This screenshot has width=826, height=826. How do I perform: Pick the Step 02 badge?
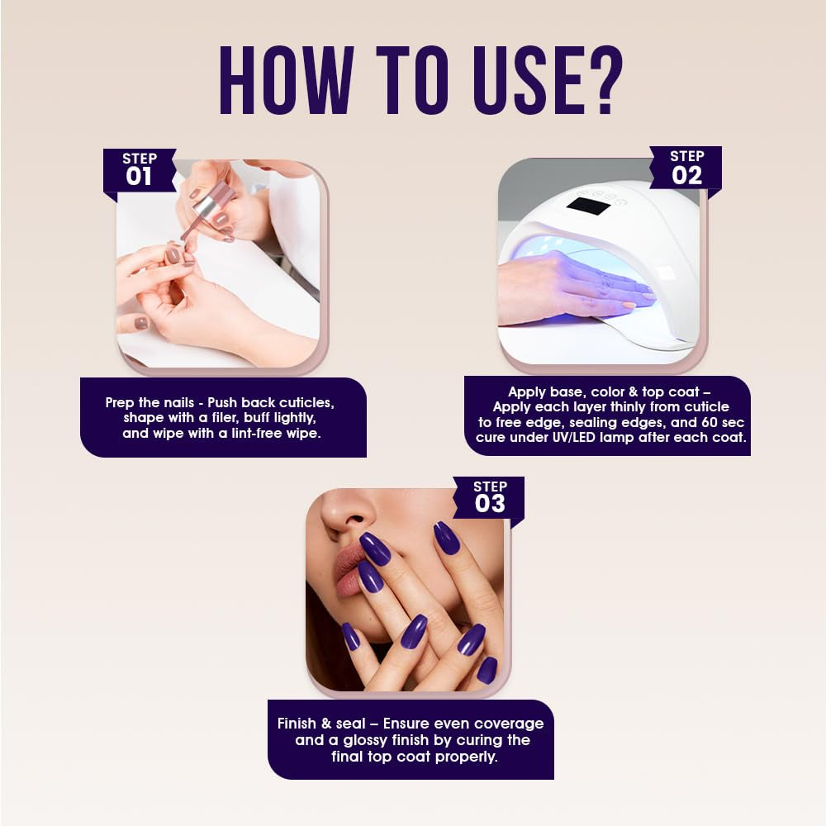(686, 168)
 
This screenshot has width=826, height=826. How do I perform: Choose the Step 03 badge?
(489, 498)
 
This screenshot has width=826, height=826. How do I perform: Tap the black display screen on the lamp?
(587, 206)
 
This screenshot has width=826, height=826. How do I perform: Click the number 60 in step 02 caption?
(710, 422)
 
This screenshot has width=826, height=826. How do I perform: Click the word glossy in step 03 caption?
(364, 741)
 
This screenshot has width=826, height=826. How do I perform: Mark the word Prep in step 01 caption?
(120, 403)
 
